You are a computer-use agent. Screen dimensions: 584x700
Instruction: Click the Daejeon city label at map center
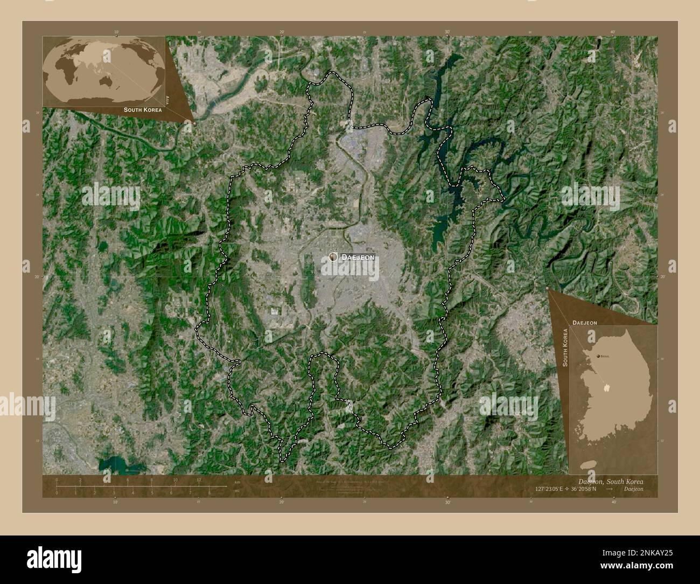click(358, 258)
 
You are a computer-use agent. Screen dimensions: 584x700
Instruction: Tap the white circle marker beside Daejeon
click(333, 257)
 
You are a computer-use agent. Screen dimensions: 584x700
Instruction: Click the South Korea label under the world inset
click(142, 109)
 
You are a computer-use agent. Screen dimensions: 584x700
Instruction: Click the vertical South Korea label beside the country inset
click(565, 349)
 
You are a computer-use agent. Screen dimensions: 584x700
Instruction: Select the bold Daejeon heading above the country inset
click(584, 322)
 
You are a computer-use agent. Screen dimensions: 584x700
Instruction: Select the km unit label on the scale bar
click(237, 482)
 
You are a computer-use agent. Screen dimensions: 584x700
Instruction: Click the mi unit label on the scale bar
click(237, 491)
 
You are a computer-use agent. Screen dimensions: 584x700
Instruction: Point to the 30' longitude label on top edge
click(447, 32)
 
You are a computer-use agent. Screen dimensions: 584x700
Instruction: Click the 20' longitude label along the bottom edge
click(281, 502)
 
